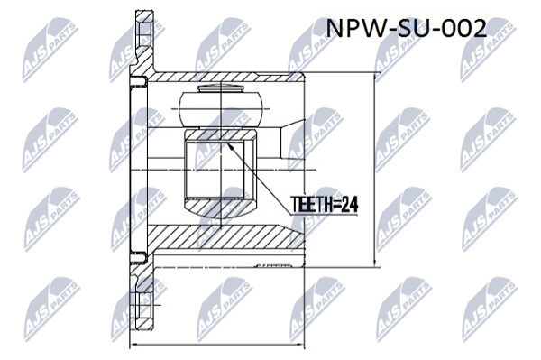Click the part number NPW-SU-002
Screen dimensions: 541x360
[406, 28]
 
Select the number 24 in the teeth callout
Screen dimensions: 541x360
[350, 204]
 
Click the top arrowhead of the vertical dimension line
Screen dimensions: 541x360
[375, 78]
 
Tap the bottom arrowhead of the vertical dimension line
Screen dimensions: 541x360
[375, 263]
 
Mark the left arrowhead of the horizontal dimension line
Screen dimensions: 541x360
[134, 344]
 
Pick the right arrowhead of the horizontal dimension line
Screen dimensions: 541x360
[300, 344]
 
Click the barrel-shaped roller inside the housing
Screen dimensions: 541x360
[221, 109]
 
